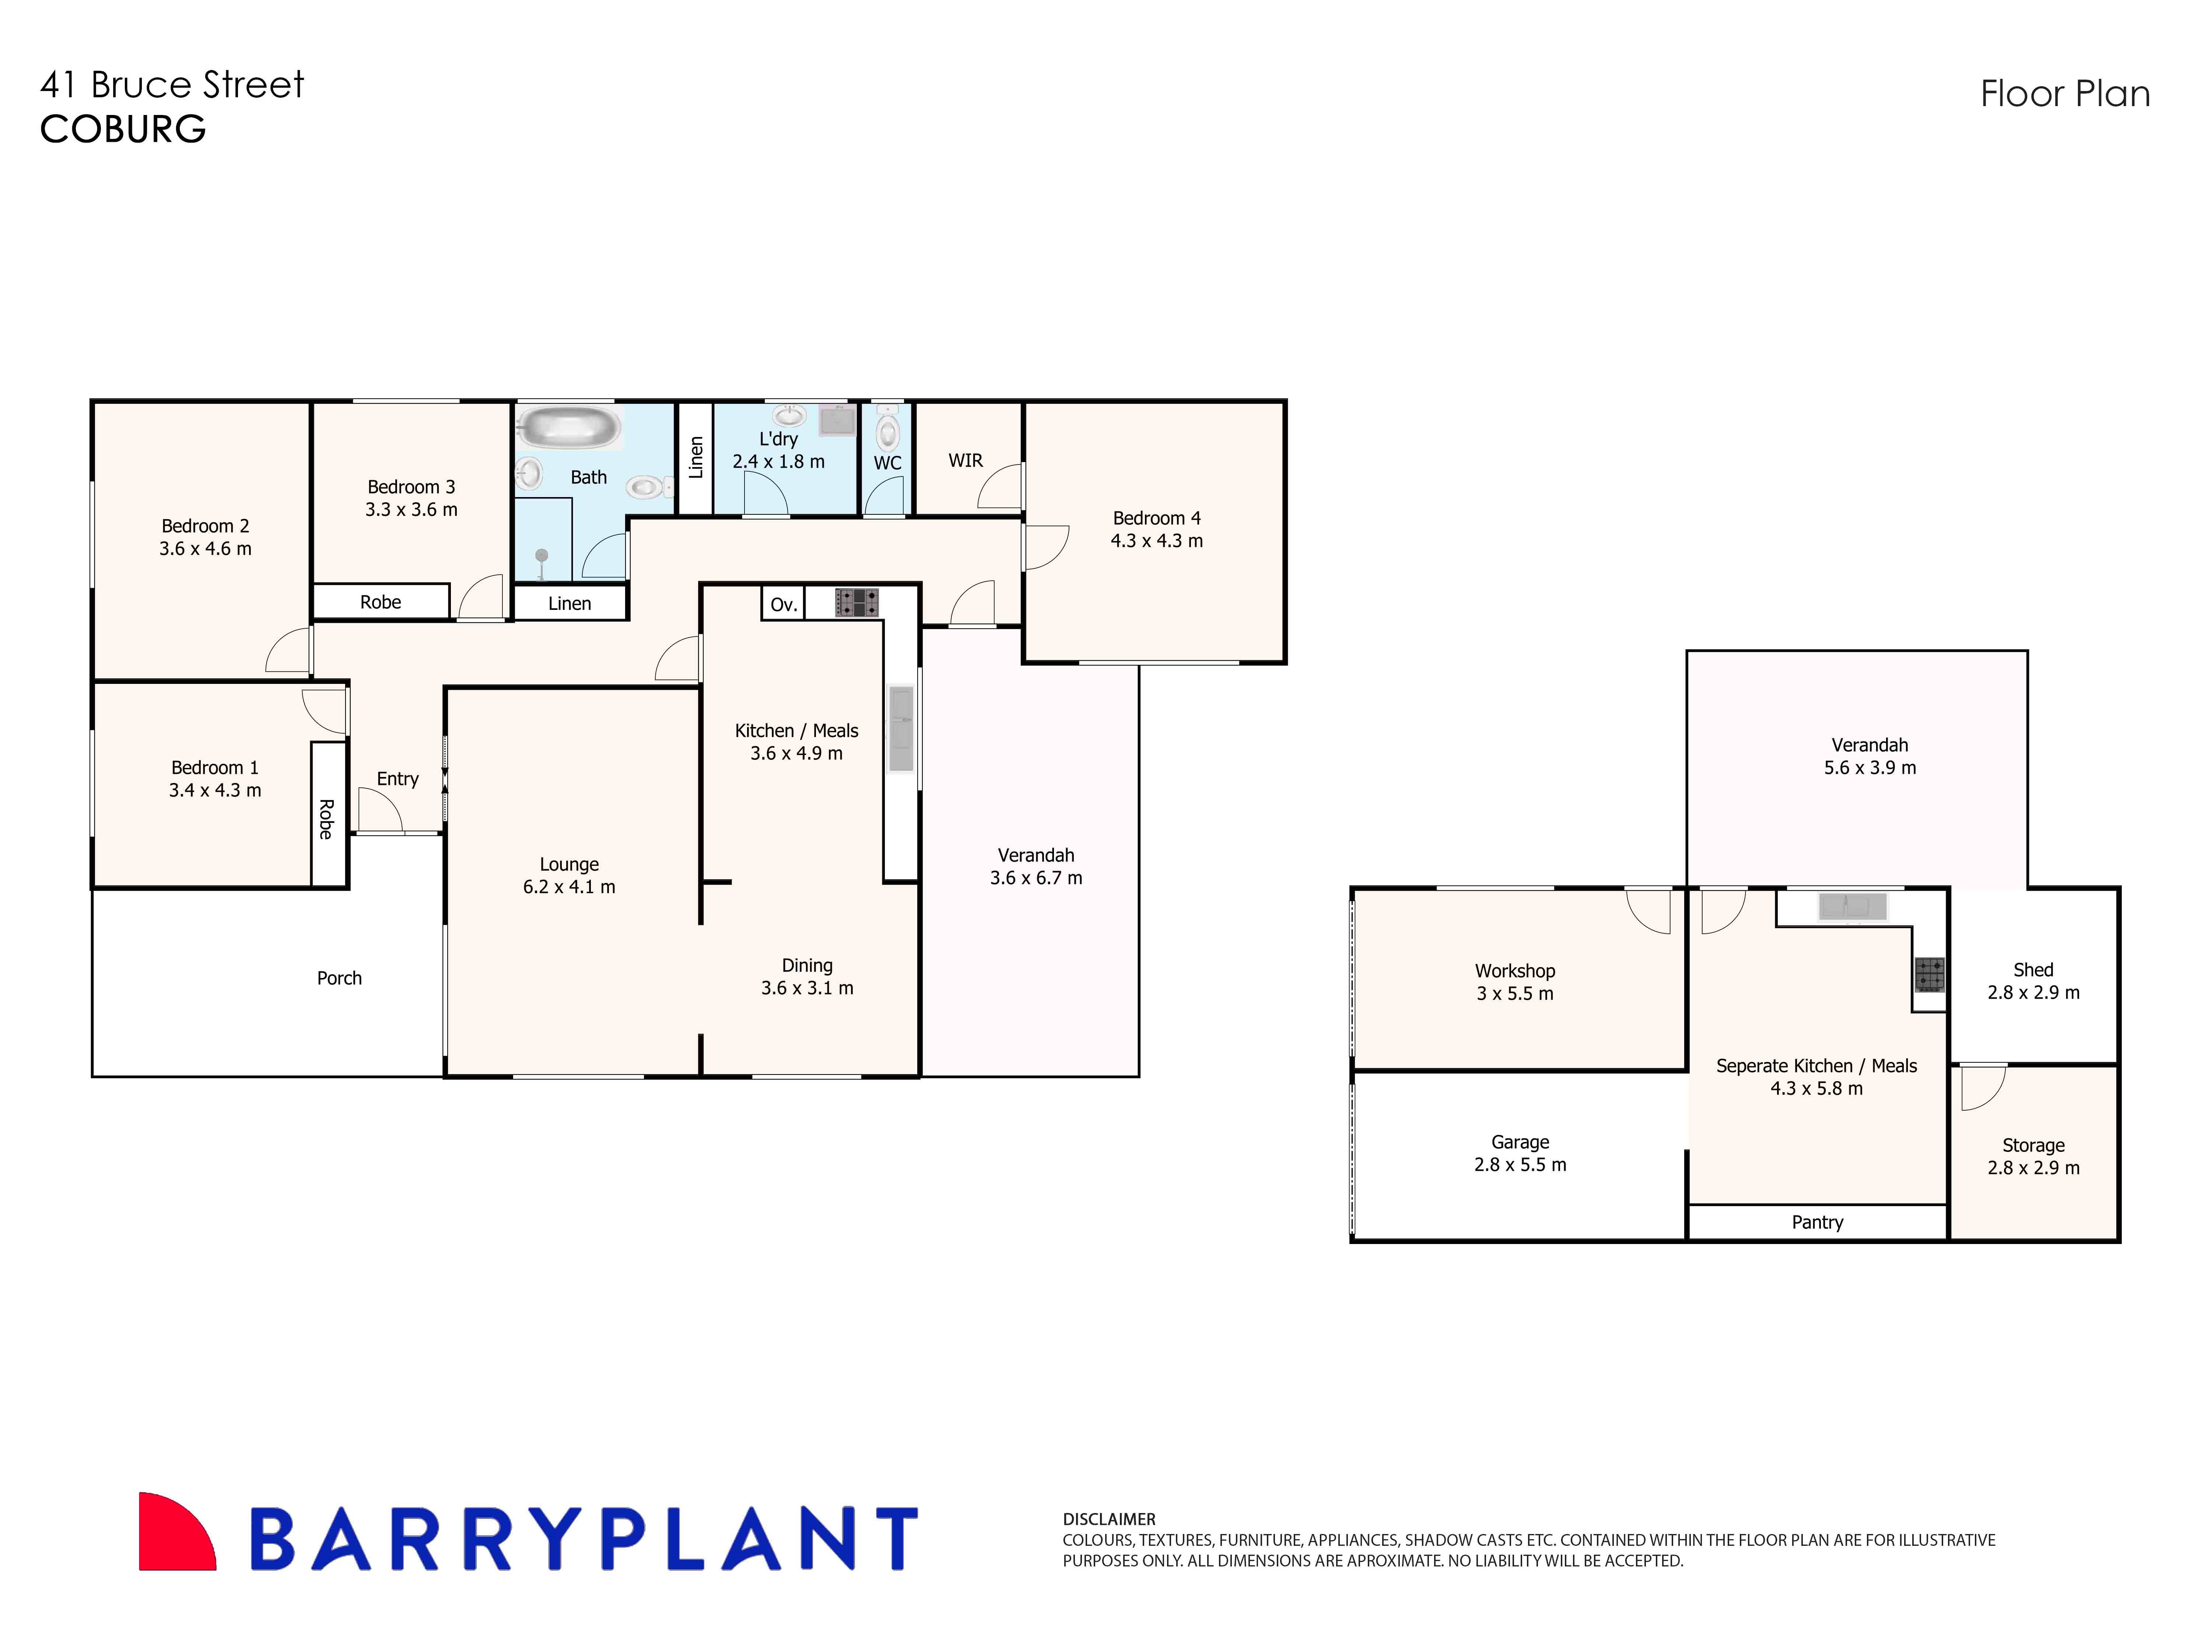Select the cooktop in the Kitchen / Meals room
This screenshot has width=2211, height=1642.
tap(856, 602)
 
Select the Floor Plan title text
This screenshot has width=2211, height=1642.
tap(2065, 94)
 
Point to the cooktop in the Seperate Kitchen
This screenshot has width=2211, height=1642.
tap(1929, 974)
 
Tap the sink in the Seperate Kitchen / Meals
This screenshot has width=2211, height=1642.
tap(1851, 906)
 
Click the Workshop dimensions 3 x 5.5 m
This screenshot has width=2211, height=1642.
tap(1514, 993)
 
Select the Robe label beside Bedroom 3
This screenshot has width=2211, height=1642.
tap(381, 601)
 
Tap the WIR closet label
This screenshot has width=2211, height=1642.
tap(965, 460)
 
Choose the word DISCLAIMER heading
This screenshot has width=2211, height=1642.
tap(1109, 1519)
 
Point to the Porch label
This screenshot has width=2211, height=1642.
tap(339, 978)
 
